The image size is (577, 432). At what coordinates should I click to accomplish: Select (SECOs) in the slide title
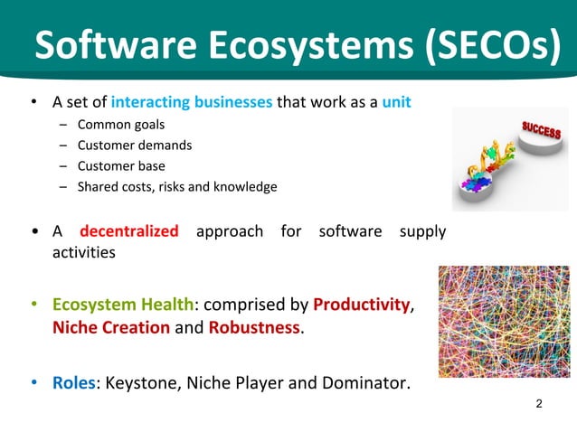click(x=491, y=45)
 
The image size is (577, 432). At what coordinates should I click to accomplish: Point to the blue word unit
click(x=396, y=102)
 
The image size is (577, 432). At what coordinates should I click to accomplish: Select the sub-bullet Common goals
click(x=121, y=124)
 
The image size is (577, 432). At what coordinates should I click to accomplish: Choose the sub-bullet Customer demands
click(x=135, y=145)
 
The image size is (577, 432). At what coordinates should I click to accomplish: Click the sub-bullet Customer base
click(x=121, y=165)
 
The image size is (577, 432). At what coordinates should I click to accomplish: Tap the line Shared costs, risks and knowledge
click(x=177, y=187)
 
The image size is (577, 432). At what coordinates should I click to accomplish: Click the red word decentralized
click(x=129, y=231)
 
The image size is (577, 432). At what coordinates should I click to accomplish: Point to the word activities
click(x=83, y=253)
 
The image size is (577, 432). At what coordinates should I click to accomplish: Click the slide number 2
click(x=539, y=403)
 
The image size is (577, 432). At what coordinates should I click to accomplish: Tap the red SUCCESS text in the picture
click(x=540, y=134)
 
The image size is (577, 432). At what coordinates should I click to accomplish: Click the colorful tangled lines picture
click(x=504, y=321)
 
